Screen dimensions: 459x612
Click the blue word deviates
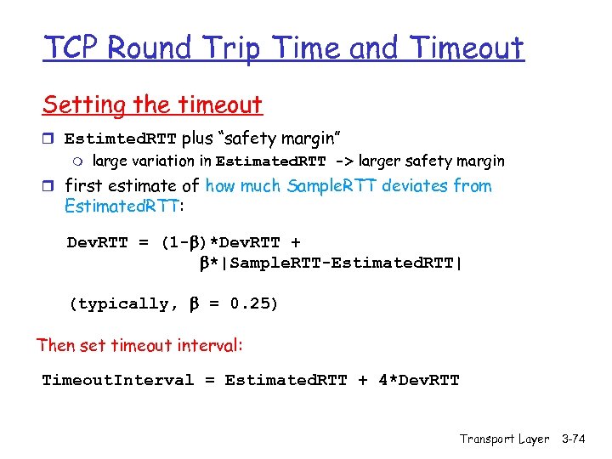[415, 185]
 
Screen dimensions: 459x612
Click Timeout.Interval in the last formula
[118, 380]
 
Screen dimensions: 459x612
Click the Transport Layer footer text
[504, 439]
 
